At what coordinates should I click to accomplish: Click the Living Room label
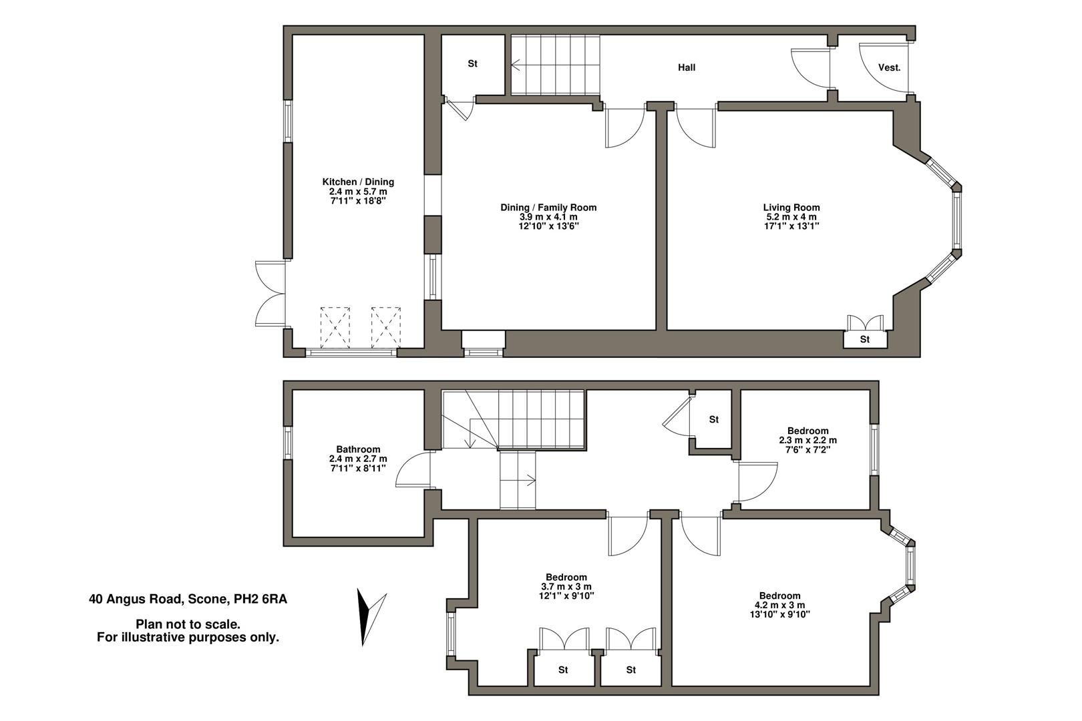pos(791,208)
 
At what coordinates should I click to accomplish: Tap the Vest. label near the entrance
pos(889,67)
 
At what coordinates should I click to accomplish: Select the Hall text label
pos(687,67)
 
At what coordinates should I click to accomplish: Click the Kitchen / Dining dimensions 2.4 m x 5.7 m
pos(358,191)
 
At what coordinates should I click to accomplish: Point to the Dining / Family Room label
pos(548,208)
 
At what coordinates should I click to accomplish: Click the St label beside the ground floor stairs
pos(473,64)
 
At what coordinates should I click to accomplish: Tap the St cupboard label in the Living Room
pos(865,340)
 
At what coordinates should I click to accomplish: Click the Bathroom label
pos(358,449)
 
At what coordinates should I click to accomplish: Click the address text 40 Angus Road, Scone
pos(188,599)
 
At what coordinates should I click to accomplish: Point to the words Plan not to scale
pos(188,624)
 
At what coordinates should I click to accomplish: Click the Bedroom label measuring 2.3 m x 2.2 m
pos(807,431)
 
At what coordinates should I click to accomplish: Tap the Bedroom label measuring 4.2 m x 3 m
pos(779,595)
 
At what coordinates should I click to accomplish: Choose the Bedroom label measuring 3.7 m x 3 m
pos(566,577)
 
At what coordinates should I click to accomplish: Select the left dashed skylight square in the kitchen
pos(335,326)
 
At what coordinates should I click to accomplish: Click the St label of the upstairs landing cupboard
pos(714,419)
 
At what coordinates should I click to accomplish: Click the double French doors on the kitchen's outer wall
pos(269,294)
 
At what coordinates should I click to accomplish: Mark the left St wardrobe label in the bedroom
pos(563,670)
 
